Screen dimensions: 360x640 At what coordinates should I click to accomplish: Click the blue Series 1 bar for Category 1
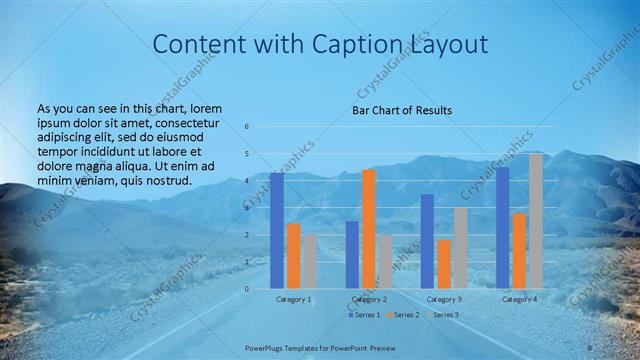(x=277, y=231)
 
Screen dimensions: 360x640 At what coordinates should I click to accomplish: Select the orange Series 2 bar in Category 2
(x=369, y=229)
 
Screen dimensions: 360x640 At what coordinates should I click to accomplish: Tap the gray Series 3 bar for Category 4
(x=536, y=221)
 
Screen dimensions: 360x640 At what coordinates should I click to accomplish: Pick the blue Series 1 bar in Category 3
(x=427, y=241)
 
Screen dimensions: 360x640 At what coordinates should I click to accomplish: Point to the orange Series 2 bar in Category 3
(x=444, y=264)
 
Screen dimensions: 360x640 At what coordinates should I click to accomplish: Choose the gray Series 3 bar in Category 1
(x=310, y=261)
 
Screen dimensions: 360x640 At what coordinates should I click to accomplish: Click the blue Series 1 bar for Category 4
(x=502, y=228)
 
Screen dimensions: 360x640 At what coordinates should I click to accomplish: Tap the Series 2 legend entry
(x=403, y=315)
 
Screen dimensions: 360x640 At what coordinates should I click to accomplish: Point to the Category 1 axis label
(x=294, y=299)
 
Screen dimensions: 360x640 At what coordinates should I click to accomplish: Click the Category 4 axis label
(x=519, y=299)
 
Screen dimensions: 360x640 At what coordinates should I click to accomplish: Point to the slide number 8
(x=590, y=347)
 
